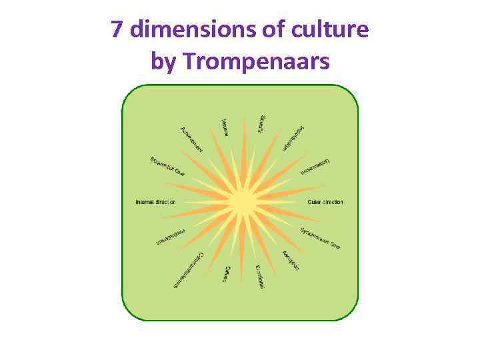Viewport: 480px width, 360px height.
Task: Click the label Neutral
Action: (225, 127)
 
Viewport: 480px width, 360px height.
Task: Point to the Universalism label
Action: (315, 167)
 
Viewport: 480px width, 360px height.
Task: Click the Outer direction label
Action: (325, 202)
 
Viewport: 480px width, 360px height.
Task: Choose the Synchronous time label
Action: (320, 239)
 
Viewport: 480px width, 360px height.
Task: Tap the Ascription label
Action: (291, 261)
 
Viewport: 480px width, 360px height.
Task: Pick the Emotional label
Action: (260, 276)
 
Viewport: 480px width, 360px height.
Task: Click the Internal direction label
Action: (155, 202)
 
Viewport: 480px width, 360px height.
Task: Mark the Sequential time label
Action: (168, 167)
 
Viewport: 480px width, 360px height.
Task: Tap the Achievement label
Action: (191, 138)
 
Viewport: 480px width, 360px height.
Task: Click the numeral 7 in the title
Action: (117, 30)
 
